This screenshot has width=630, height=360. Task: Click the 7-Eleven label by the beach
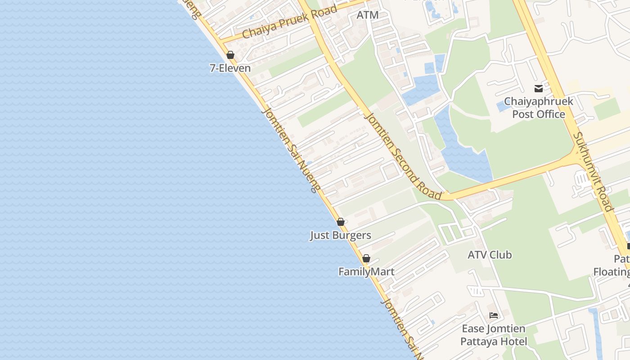tap(230, 68)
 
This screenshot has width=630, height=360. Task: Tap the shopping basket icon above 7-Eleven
tap(230, 55)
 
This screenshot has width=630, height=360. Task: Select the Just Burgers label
tap(340, 235)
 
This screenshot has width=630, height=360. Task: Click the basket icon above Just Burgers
tap(341, 222)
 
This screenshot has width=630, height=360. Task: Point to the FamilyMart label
tap(366, 272)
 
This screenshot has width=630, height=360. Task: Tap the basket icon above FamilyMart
tap(366, 258)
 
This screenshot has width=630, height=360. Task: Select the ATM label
tap(367, 15)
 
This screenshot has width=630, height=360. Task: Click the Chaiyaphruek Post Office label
tap(538, 108)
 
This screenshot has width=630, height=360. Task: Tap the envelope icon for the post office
tap(538, 88)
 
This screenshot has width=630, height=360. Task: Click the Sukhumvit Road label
tap(593, 172)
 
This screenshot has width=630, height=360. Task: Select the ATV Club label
tap(490, 255)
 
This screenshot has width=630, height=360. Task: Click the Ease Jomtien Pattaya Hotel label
tap(493, 335)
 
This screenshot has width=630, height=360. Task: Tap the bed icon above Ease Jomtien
tap(494, 315)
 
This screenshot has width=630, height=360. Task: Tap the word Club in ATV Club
tap(501, 255)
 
